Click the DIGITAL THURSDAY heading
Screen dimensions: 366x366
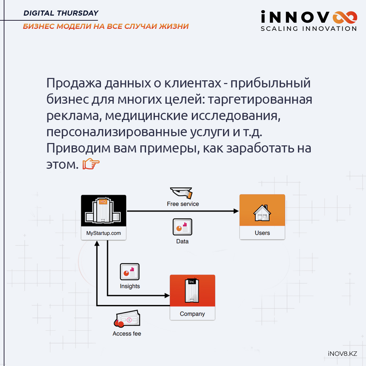click(61, 13)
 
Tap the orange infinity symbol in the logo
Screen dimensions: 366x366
click(345, 18)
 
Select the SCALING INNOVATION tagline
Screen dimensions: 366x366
click(309, 29)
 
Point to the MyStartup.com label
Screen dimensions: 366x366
click(104, 233)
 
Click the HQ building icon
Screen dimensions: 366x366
click(103, 210)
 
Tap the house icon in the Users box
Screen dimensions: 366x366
click(262, 212)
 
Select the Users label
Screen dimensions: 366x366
click(262, 233)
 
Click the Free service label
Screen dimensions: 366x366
click(183, 204)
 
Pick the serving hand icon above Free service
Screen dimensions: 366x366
click(181, 193)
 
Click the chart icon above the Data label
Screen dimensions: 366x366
click(182, 227)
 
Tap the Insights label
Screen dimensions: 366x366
click(130, 286)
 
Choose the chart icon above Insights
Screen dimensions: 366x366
click(129, 272)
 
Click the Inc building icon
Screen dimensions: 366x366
click(192, 290)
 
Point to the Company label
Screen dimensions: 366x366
click(192, 314)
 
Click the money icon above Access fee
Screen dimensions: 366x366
click(127, 319)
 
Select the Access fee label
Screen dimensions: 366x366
click(127, 334)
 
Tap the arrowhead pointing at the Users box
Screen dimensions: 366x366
click(236, 211)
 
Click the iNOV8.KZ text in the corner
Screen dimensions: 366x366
click(342, 353)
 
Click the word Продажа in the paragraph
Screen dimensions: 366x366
click(74, 83)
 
